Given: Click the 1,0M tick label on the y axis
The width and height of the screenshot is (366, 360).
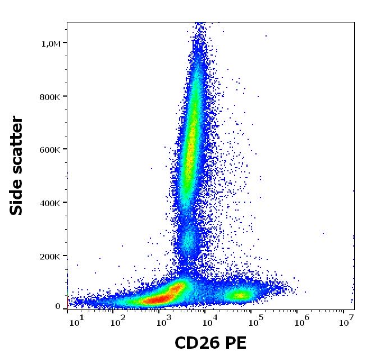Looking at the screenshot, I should point(51,43).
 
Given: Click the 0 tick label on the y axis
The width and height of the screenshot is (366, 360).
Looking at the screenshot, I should point(58,307).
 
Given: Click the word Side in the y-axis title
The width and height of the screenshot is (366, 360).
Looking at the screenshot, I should point(17,194).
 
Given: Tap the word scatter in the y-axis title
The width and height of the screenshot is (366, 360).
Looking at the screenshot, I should point(17,142).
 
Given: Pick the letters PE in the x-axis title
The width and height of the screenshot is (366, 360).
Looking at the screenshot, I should point(236,343).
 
